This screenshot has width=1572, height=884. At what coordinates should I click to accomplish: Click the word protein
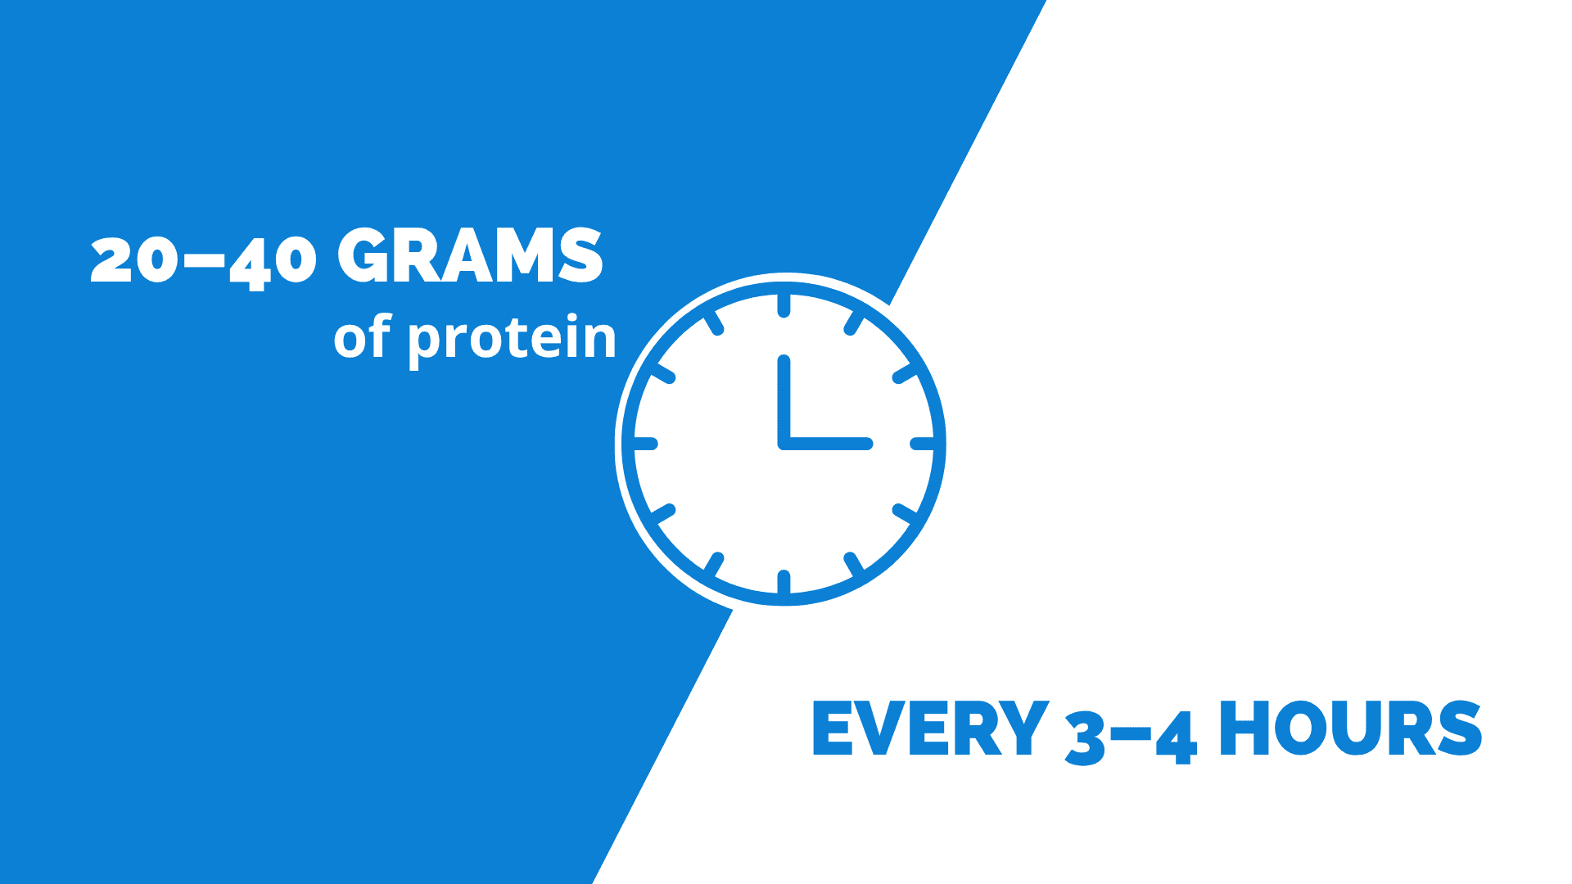click(512, 339)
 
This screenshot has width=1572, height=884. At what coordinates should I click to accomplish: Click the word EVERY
click(930, 728)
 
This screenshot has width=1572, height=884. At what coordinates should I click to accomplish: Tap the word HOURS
click(1350, 728)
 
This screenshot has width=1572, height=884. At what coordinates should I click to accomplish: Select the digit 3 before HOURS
click(1086, 738)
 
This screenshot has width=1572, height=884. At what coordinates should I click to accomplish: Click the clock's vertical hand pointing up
click(784, 402)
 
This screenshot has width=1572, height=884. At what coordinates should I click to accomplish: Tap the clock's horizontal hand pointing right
click(825, 444)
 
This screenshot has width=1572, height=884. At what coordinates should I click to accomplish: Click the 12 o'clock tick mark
click(784, 305)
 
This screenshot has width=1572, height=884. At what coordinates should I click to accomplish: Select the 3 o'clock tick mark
click(923, 444)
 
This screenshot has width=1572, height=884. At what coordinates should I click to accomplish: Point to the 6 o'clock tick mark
click(784, 582)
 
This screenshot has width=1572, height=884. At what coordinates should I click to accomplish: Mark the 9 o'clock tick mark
click(645, 444)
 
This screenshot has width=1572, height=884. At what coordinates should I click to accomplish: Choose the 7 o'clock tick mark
click(714, 564)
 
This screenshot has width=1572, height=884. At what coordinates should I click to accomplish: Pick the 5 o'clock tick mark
click(853, 564)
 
